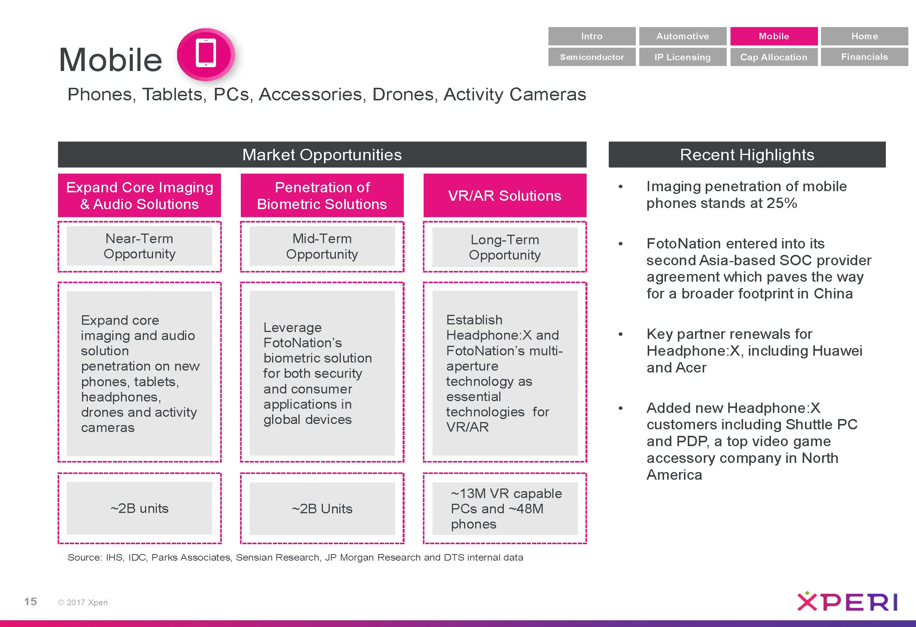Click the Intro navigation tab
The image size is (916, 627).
pyautogui.click(x=592, y=36)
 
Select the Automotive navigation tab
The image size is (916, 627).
pyautogui.click(x=682, y=36)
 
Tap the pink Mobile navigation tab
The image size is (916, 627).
pyautogui.click(x=773, y=36)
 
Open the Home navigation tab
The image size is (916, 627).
pyautogui.click(x=864, y=36)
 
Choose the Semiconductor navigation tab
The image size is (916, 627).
pyautogui.click(x=592, y=57)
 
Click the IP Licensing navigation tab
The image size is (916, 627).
pyautogui.click(x=682, y=57)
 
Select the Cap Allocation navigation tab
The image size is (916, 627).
pyautogui.click(x=773, y=57)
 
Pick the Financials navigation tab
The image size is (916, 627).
pyautogui.click(x=864, y=57)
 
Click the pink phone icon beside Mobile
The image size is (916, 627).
pyautogui.click(x=206, y=54)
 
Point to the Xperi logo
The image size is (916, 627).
pyautogui.click(x=847, y=602)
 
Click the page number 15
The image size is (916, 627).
pyautogui.click(x=31, y=601)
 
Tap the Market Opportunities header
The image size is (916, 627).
pyautogui.click(x=322, y=155)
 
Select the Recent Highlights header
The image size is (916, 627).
pyautogui.click(x=747, y=155)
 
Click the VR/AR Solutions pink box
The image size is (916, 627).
pyautogui.click(x=505, y=195)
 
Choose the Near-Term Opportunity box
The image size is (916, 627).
pyautogui.click(x=139, y=246)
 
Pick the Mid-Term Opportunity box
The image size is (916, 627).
pyautogui.click(x=322, y=246)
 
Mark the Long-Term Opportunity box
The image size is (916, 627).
pyautogui.click(x=505, y=247)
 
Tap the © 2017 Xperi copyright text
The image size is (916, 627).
pyautogui.click(x=83, y=602)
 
